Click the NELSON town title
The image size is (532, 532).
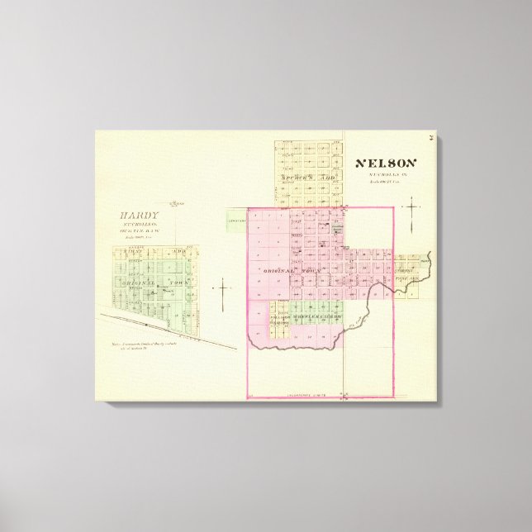(x=387, y=164)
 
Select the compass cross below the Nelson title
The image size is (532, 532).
(x=411, y=211)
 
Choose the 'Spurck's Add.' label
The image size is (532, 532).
(x=306, y=178)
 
